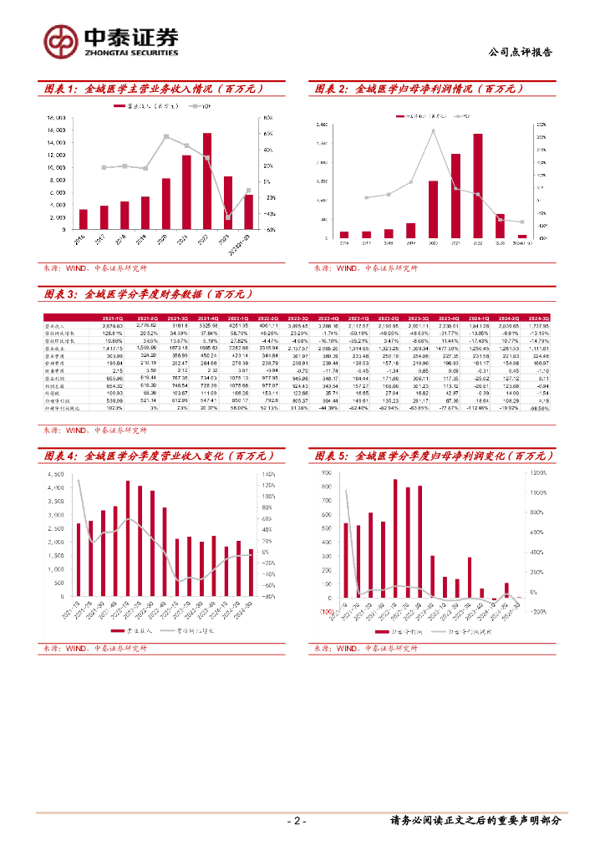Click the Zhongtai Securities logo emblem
tap(62, 39)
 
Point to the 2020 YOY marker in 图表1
tap(166, 136)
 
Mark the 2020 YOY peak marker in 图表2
tap(433, 131)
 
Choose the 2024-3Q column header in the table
tap(540, 318)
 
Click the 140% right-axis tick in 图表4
tap(270, 474)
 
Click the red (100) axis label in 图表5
tap(325, 612)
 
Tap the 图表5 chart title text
tap(435, 456)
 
